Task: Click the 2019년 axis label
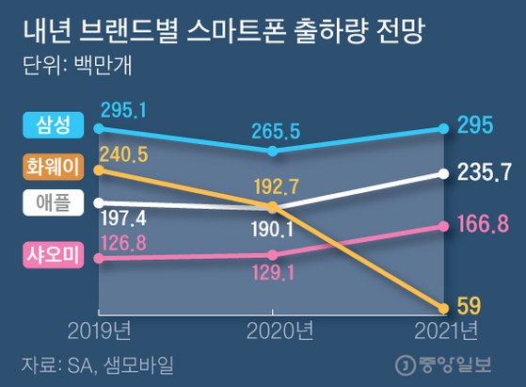98,331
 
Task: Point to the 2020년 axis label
272,331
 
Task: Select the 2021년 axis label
444,331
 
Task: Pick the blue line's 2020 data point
272,151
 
